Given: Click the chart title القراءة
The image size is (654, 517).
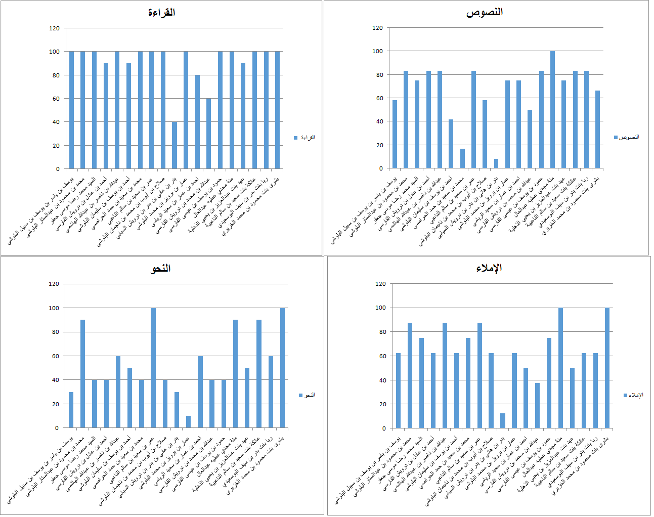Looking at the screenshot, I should point(161,13).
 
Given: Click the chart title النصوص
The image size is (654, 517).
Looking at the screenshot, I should point(484,13).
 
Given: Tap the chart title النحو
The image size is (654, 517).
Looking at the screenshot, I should point(160,269).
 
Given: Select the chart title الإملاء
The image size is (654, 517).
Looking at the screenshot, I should point(489,268).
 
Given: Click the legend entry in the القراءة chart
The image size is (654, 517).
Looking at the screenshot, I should point(305,138).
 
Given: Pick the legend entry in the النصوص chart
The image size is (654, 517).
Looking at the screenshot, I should point(627,137).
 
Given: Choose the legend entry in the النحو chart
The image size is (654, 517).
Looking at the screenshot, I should point(307,395).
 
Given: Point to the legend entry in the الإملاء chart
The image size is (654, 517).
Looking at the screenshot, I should point(633,395).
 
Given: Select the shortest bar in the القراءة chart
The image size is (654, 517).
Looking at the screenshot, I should point(175,145).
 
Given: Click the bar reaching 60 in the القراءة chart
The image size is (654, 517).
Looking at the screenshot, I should point(208,134).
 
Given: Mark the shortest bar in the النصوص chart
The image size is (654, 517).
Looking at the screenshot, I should point(496,163).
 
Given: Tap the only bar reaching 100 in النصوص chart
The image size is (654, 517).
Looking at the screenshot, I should point(552,110).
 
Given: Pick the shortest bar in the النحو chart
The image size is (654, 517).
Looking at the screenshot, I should point(188,422).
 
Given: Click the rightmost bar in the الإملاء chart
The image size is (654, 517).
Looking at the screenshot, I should point(607,368).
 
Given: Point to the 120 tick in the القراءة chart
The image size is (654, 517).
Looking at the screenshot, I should point(54,28).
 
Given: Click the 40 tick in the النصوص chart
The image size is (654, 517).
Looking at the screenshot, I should point(378,121).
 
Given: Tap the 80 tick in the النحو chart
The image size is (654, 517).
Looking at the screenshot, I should point(54,332).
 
